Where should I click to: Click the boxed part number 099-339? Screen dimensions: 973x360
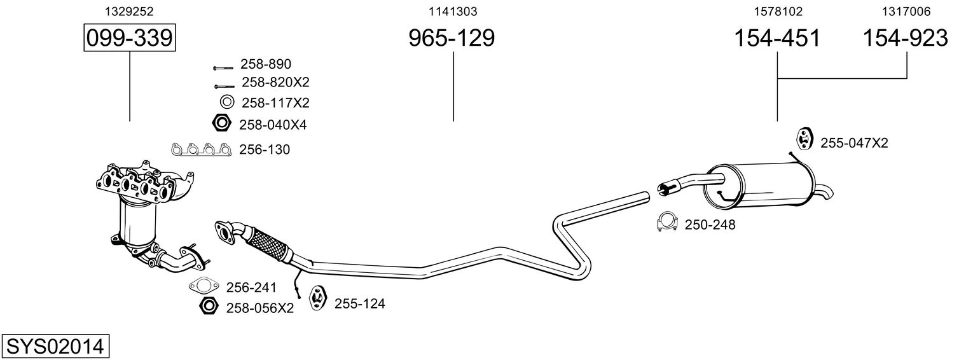(x=130, y=38)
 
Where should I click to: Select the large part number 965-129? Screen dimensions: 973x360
(x=452, y=38)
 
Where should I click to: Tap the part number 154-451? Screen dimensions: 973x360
(x=777, y=38)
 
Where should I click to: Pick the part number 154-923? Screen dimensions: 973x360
(x=905, y=38)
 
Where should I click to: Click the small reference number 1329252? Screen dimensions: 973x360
(x=130, y=11)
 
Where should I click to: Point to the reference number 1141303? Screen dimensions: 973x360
(x=453, y=11)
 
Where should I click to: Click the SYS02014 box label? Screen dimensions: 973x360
(x=55, y=346)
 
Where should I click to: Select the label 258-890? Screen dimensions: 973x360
(x=266, y=64)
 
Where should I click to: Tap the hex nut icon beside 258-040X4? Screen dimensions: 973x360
(x=221, y=123)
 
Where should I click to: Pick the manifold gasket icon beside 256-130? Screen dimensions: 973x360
(x=201, y=149)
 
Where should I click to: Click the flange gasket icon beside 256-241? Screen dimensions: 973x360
(x=204, y=286)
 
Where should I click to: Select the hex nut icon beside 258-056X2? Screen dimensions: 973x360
(x=208, y=306)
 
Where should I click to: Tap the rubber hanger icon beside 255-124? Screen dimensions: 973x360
(x=318, y=298)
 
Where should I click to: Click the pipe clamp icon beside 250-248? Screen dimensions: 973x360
(x=667, y=223)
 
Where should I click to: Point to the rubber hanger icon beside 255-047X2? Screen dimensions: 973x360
(x=804, y=139)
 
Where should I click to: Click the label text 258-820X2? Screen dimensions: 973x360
(x=275, y=81)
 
